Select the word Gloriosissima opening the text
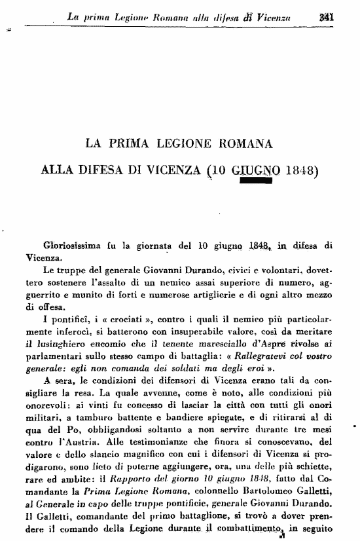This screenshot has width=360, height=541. [x=72, y=246]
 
